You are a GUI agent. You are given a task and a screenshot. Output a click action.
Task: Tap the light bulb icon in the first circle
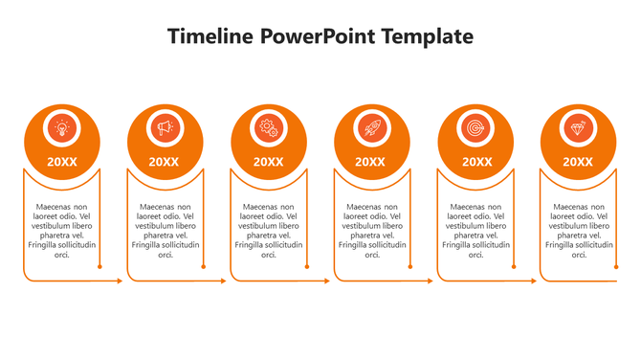tap(62, 127)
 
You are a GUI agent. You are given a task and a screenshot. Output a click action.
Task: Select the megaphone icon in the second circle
tap(166, 127)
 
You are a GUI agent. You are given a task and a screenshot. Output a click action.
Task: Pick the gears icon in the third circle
tap(269, 127)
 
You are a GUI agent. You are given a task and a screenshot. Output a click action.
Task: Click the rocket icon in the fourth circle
tap(371, 127)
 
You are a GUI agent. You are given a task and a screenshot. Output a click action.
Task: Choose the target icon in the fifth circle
tap(475, 127)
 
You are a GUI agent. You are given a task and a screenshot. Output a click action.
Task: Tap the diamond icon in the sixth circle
tap(578, 127)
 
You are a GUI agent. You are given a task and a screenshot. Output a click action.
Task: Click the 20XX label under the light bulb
tap(62, 162)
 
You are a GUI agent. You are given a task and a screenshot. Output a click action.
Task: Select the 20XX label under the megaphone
tap(165, 162)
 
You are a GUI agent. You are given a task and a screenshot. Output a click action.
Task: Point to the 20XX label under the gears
tap(269, 162)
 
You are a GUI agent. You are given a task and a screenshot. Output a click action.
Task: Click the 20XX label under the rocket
tap(371, 162)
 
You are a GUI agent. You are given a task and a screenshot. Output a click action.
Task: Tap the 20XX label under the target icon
tap(475, 162)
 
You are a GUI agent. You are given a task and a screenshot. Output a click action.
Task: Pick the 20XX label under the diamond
tap(578, 162)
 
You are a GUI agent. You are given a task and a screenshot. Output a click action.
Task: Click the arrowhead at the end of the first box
tap(120, 281)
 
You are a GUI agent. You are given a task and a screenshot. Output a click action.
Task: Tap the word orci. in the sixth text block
tap(579, 255)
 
